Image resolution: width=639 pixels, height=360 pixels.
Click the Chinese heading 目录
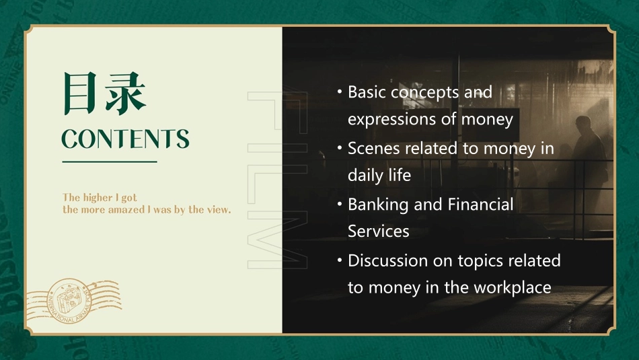(104, 93)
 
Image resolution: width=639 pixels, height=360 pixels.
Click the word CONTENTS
(125, 139)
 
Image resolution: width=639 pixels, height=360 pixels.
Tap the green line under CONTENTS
(109, 161)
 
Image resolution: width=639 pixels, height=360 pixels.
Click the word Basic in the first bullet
(367, 92)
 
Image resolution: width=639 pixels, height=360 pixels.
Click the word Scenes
(372, 148)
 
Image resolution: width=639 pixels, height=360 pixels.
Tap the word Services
(378, 231)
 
